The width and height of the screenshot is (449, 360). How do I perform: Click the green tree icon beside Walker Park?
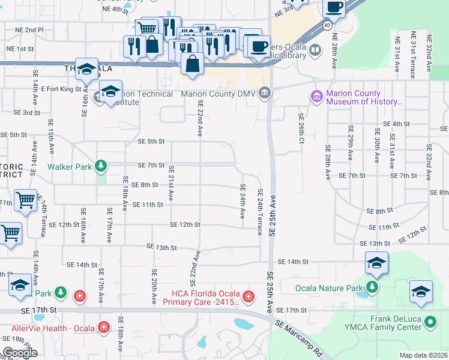[102, 165]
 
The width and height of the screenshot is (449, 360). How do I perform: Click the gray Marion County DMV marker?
[265, 94]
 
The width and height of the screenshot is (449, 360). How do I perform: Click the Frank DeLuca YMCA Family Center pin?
[430, 322]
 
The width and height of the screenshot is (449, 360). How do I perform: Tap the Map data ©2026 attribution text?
[423, 355]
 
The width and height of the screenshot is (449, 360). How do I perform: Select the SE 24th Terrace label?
[260, 212]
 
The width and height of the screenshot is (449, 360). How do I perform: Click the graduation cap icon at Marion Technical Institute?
[110, 92]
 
